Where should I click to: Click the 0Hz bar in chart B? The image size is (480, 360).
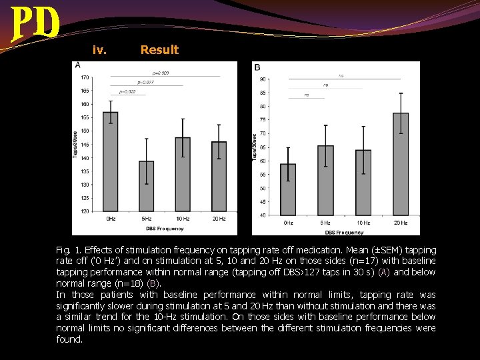coord(288,189)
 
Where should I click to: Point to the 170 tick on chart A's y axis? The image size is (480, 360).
coord(86,77)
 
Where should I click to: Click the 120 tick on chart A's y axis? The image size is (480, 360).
coord(86,211)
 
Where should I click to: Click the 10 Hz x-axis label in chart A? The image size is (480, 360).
coord(183,219)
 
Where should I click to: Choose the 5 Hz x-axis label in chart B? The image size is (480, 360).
coord(325,223)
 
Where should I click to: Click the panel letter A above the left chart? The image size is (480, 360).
coord(78,65)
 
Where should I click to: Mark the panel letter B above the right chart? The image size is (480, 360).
coord(257,67)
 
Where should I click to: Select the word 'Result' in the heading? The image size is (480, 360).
coord(159,50)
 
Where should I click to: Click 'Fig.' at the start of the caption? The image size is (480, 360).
coord(65,249)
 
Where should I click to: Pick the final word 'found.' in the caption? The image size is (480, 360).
coord(70,339)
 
